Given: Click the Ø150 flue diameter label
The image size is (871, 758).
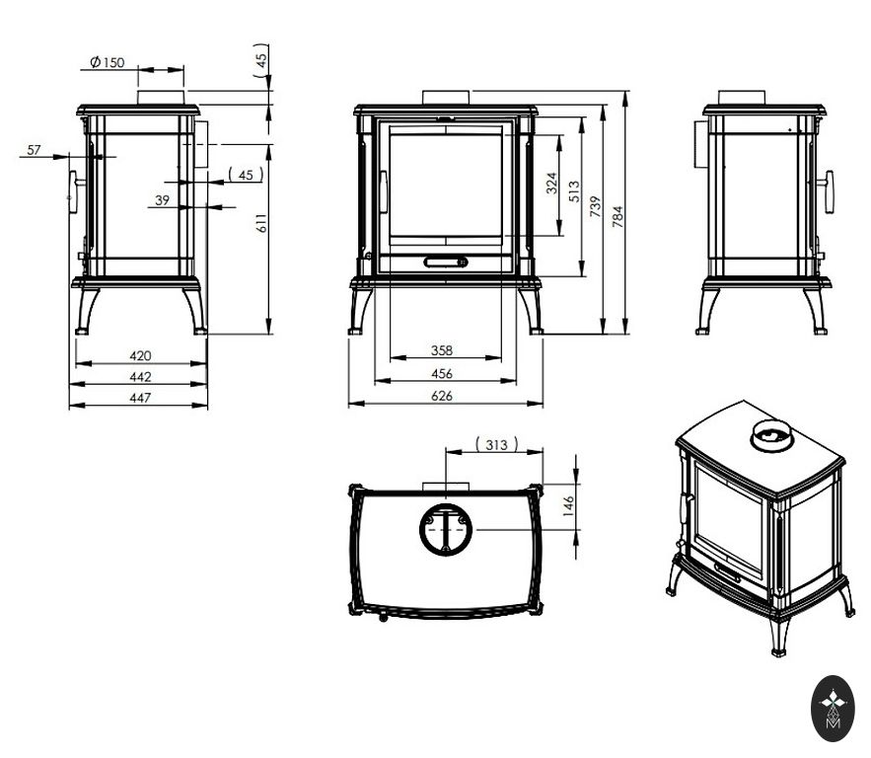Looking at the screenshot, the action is click(108, 61).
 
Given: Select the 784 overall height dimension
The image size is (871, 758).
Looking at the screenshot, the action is click(617, 216).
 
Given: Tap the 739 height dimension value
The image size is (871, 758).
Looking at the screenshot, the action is click(596, 206).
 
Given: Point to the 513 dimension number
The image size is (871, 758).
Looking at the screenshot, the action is click(574, 191).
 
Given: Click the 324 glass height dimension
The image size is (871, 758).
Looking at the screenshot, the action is click(551, 183).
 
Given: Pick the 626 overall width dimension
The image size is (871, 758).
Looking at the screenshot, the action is click(442, 396).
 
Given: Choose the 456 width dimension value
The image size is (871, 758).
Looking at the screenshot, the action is click(442, 373).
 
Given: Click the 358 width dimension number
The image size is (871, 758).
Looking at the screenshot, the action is click(442, 350).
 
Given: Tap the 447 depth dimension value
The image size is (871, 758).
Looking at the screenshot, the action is click(140, 398).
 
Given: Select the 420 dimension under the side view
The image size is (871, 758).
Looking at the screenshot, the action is click(140, 355).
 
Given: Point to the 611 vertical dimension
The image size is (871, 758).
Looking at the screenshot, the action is click(261, 223).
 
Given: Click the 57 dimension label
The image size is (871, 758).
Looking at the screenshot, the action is click(34, 149).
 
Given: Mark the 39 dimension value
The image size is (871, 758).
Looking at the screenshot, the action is click(162, 200).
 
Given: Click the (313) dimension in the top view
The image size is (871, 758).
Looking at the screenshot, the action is click(496, 444).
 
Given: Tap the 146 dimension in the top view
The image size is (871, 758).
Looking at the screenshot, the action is click(568, 506).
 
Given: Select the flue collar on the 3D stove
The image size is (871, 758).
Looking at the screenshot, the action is click(772, 435).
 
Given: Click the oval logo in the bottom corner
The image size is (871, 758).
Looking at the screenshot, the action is click(833, 709).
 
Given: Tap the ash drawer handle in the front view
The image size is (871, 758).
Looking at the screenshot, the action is click(446, 262).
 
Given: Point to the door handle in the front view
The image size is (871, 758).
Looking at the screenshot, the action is click(384, 191).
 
